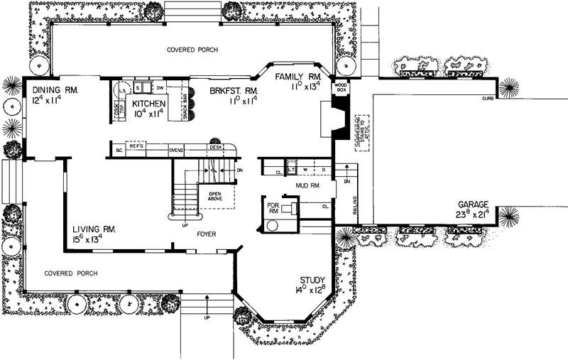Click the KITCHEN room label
point(149,104)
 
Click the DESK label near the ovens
point(216,148)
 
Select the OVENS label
point(177,151)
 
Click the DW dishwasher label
point(160,87)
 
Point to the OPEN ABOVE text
point(215,196)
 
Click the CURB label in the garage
point(487,98)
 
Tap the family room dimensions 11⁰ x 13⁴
point(306,86)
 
